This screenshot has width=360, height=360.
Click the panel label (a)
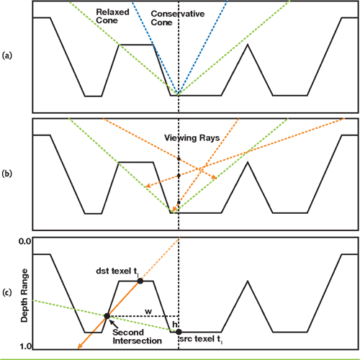click(7, 55)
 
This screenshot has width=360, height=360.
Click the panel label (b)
click(7, 174)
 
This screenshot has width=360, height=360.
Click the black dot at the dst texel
click(140, 281)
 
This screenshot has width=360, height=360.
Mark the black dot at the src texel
click(179, 331)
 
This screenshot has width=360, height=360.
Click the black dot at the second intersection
click(107, 316)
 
